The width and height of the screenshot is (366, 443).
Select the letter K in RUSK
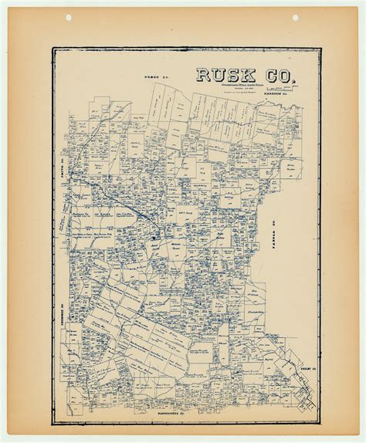point(249,74)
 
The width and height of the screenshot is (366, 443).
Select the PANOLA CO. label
point(274,232)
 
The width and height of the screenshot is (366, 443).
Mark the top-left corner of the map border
point(53,49)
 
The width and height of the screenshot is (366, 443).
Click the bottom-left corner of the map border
point(53,407)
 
